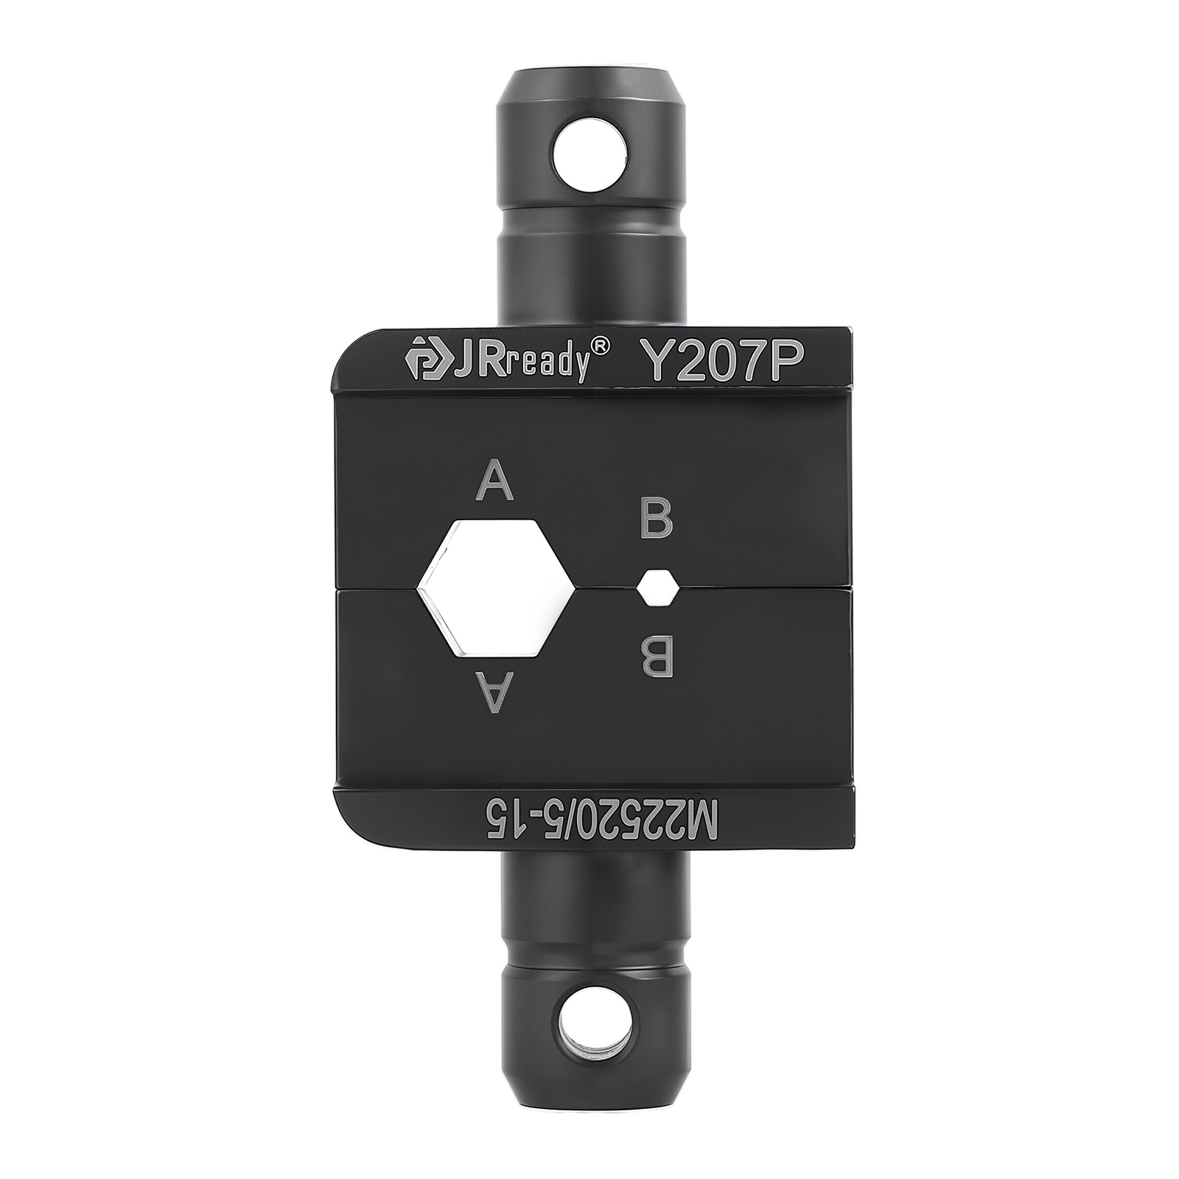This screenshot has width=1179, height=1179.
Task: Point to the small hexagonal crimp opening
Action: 658,587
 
